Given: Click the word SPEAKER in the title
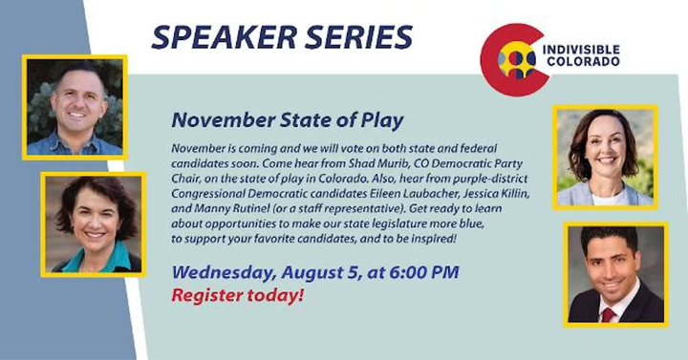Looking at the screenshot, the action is (x=225, y=37).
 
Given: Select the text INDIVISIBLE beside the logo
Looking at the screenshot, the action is (x=581, y=50).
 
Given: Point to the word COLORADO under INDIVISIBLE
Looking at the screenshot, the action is (x=583, y=61).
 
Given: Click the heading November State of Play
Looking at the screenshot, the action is (x=288, y=120).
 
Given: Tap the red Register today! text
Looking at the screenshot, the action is (x=237, y=295).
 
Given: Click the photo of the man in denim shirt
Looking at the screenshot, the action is (x=75, y=107).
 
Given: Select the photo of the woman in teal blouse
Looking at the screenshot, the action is (x=93, y=224).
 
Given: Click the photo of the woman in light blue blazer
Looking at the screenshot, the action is (x=605, y=158).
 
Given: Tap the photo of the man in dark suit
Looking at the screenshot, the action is (x=615, y=275).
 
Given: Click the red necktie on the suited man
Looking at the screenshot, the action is (x=608, y=314).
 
